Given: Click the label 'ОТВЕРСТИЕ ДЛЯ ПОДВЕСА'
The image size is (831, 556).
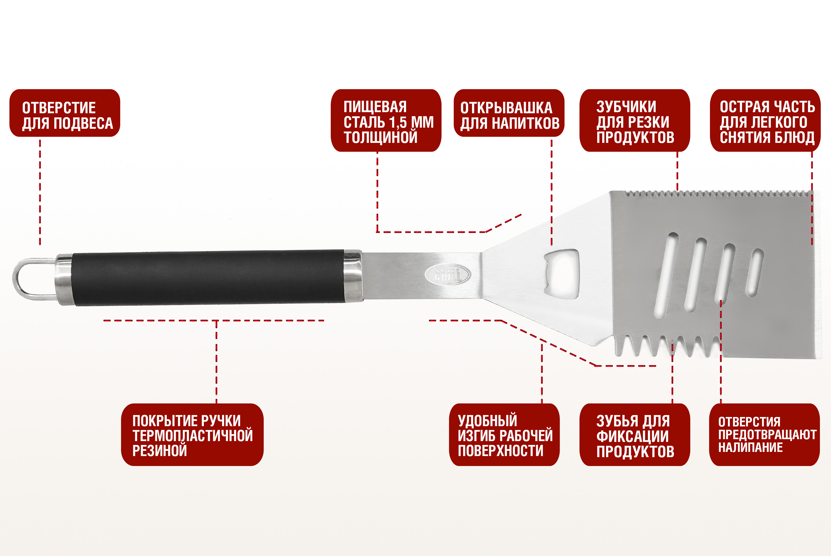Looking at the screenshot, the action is click(65, 113).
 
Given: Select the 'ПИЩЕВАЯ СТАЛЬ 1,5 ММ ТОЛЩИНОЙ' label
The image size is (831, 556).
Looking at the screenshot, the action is click(386, 120).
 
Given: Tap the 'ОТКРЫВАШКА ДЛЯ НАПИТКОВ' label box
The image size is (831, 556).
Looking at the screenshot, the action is click(509, 113).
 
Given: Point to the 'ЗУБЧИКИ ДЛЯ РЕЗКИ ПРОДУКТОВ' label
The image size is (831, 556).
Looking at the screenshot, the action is click(635, 120).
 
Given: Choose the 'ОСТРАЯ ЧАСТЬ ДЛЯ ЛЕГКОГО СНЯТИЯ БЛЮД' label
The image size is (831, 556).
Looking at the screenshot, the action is click(765, 120).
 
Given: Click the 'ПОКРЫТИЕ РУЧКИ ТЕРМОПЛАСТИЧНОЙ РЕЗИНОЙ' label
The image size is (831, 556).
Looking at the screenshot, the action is click(192, 435).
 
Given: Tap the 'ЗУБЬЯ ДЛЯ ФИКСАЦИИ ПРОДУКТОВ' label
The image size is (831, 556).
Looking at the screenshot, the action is click(635, 435).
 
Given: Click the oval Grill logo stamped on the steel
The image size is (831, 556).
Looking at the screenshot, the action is click(448, 274).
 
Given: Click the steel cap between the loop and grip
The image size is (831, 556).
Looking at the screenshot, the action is click(64, 279).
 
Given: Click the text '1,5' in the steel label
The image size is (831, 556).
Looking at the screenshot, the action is click(398, 123).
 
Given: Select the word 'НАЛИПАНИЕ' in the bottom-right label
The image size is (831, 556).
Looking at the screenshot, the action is click(750, 447).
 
